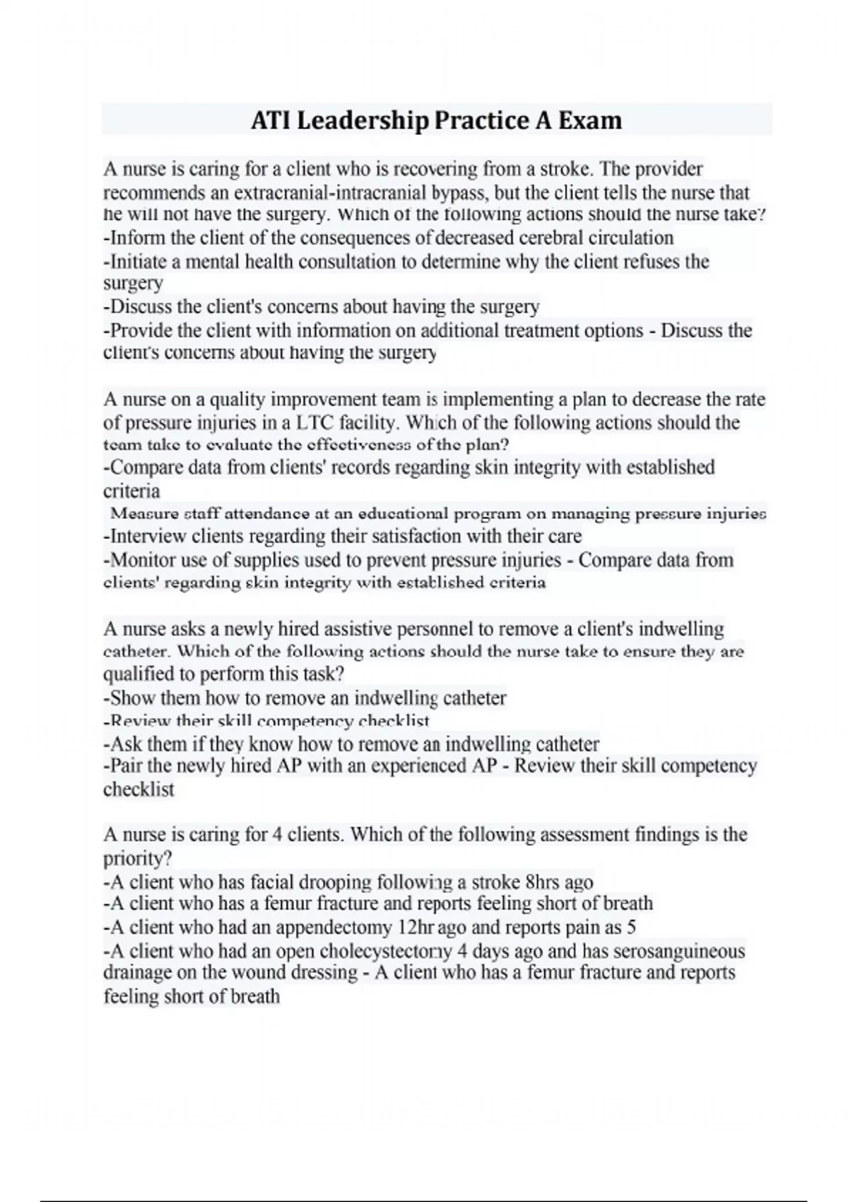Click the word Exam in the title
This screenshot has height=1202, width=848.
590,121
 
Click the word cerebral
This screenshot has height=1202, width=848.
552,238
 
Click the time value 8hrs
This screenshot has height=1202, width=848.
543,882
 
